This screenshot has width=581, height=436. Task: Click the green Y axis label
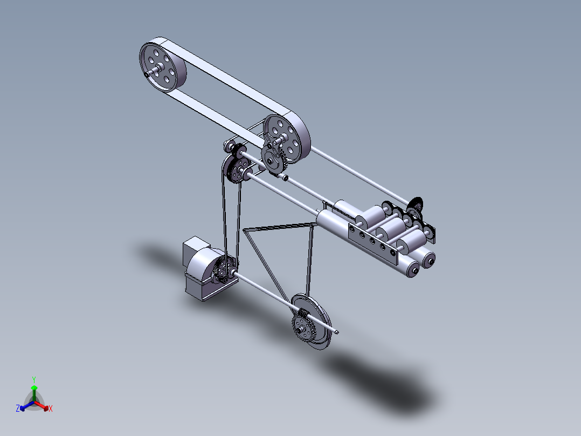click(x=33, y=379)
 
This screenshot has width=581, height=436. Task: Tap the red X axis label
click(x=51, y=409)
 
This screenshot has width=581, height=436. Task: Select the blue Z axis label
click(x=18, y=408)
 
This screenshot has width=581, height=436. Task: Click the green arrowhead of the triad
click(x=34, y=388)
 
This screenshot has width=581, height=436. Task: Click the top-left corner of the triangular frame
click(x=245, y=230)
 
